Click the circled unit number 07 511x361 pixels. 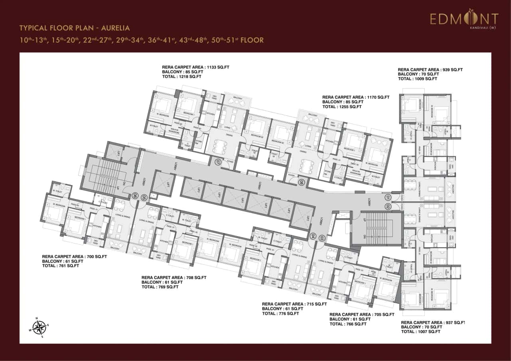point(218,162)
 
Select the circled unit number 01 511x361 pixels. point(387,197)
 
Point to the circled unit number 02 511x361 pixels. point(387,206)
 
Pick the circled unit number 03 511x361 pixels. point(322,238)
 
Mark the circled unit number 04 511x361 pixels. point(313,236)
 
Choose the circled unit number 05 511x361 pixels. point(144,196)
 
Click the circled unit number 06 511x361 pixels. point(135,196)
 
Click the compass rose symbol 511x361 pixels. point(39,327)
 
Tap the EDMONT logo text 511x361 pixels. point(464,19)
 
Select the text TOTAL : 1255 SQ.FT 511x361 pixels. point(342,107)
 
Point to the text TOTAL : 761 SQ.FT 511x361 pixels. point(60,266)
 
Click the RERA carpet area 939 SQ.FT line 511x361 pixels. point(430,69)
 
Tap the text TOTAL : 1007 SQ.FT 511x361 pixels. point(421,331)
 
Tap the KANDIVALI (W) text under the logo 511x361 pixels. point(483,28)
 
